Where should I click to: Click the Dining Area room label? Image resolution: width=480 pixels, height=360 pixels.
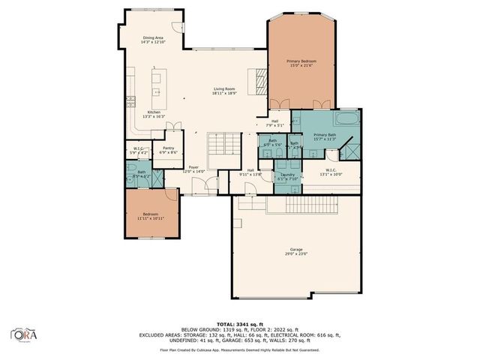[x=154, y=40]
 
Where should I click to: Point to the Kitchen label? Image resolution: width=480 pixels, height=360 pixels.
[x=142, y=115]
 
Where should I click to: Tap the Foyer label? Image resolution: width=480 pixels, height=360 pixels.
[x=193, y=169]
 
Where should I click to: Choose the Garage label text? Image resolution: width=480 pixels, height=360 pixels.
[x=297, y=251]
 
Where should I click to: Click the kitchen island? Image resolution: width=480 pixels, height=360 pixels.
[x=157, y=87]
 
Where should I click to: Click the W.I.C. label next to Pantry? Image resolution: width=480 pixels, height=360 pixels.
[x=139, y=151]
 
